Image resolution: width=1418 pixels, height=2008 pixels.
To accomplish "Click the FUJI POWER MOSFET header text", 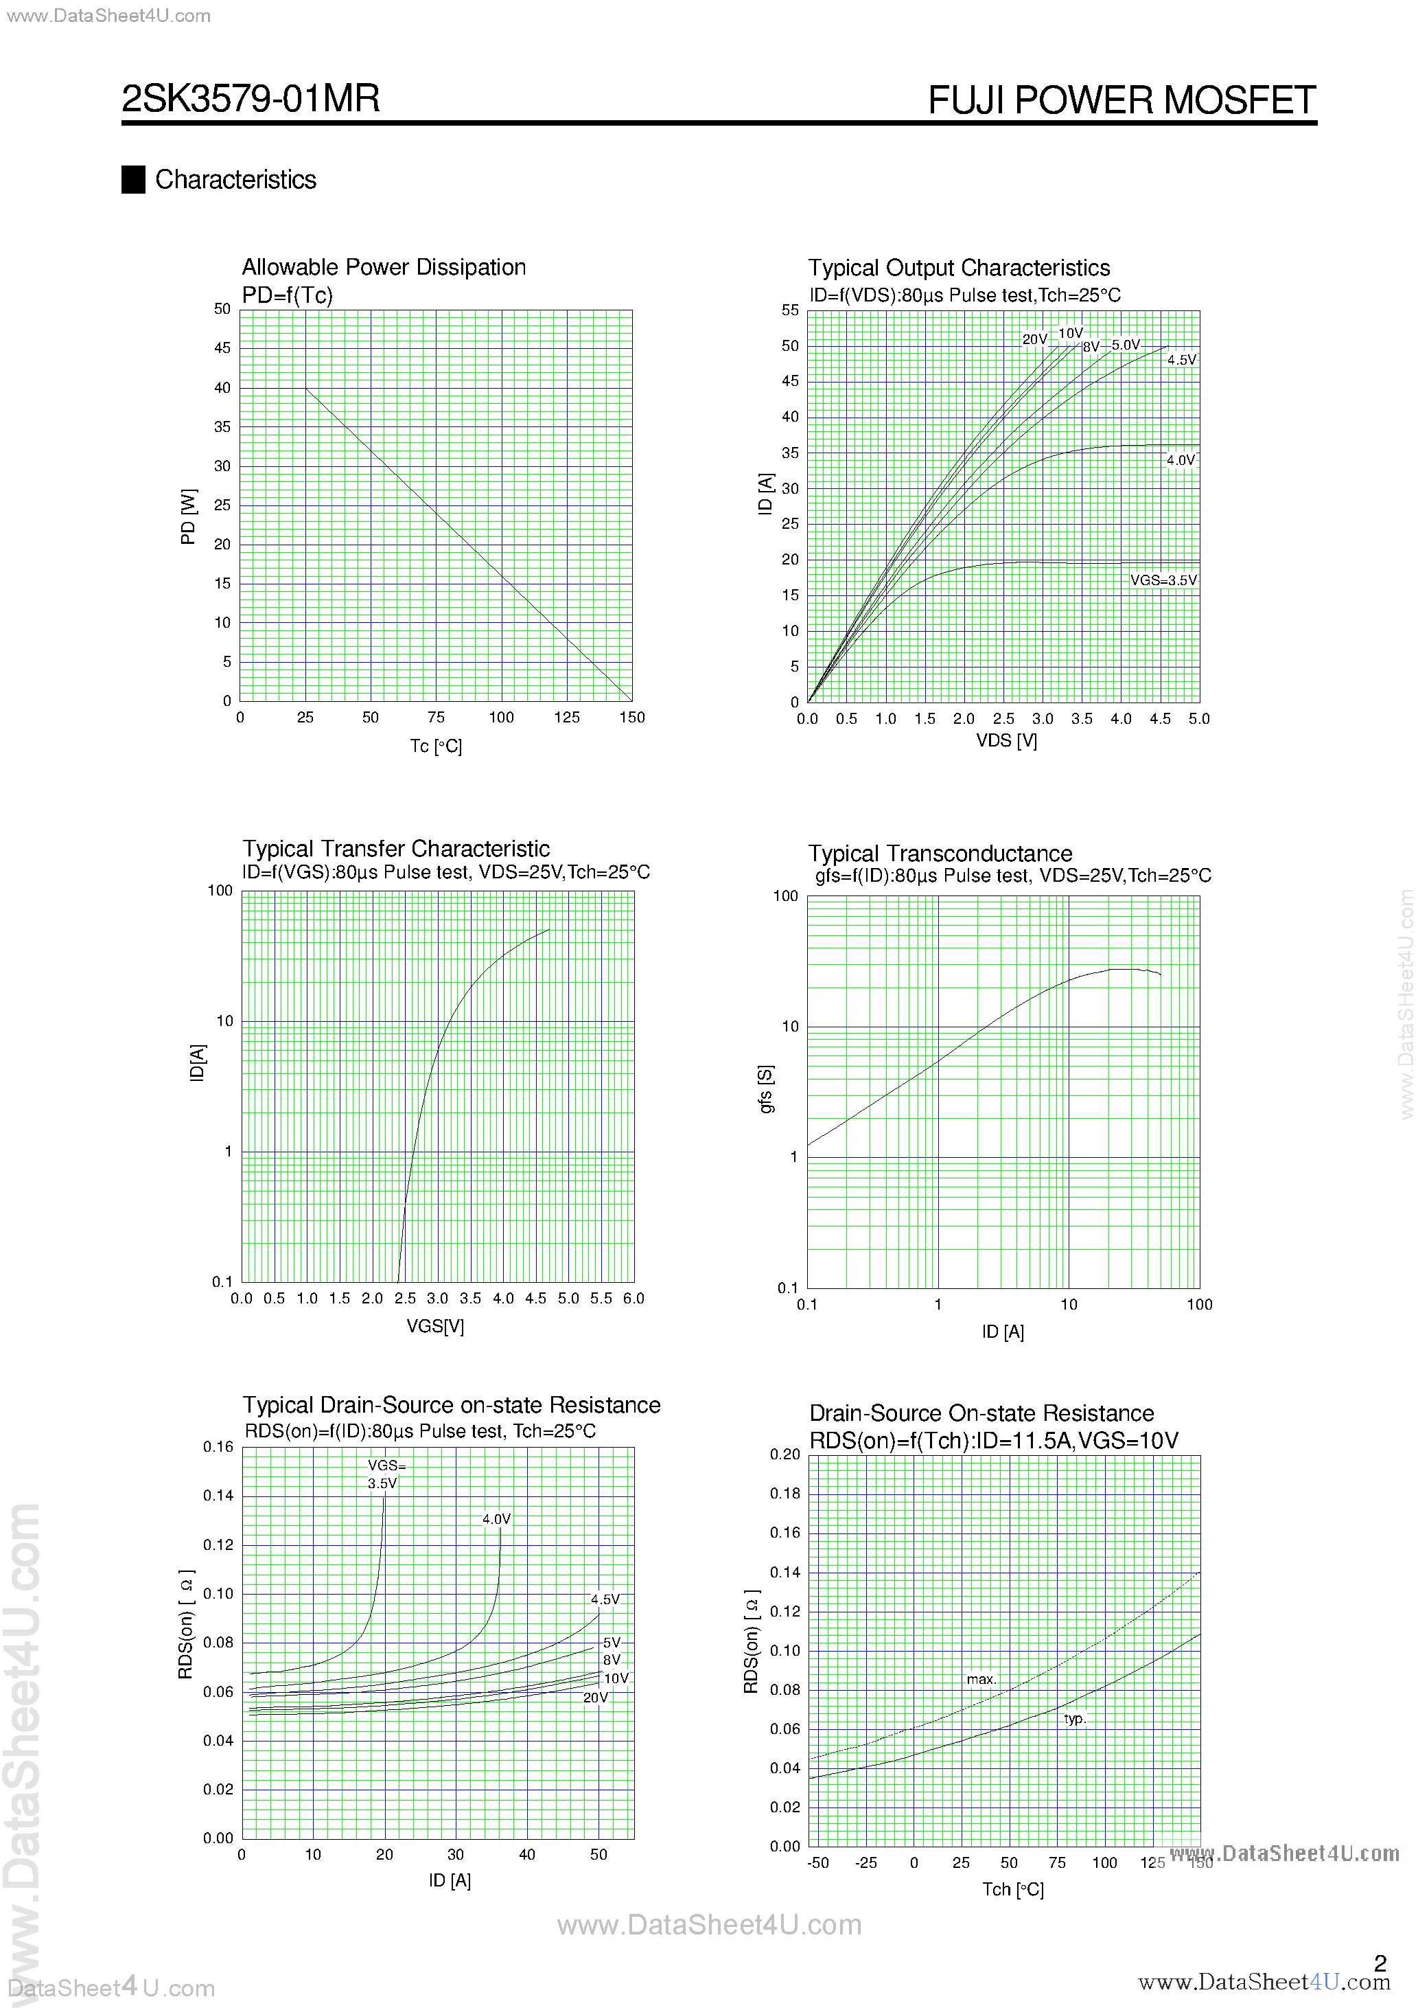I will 1121,100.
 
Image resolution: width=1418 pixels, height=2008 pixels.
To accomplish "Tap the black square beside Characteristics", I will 133,179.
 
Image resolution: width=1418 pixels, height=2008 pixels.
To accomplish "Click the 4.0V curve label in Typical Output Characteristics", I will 1181,460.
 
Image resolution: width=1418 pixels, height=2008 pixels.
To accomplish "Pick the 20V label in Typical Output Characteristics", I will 1034,339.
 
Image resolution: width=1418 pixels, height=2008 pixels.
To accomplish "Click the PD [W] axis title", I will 188,517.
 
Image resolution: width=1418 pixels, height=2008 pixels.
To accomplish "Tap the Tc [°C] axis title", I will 435,746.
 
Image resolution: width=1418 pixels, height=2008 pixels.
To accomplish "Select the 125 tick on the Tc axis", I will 566,717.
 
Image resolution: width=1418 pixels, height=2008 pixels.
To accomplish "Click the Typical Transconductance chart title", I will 940,854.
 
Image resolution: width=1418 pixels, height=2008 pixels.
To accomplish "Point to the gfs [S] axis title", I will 766,1090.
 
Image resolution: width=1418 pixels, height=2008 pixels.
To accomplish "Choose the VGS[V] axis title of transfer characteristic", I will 435,1326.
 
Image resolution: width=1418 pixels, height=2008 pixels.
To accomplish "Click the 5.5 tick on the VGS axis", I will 601,1299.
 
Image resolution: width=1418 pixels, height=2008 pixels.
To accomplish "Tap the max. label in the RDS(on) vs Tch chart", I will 981,1679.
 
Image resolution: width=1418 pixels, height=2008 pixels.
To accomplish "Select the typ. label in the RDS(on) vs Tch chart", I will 1074,1718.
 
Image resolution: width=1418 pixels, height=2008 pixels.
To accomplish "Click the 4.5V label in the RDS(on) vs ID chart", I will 604,1599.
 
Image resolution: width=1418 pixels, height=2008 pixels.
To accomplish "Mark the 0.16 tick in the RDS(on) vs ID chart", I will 218,1446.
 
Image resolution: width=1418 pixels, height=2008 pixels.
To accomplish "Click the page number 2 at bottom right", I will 1380,1963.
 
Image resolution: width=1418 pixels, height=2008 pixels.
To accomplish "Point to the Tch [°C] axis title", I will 1012,1889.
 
